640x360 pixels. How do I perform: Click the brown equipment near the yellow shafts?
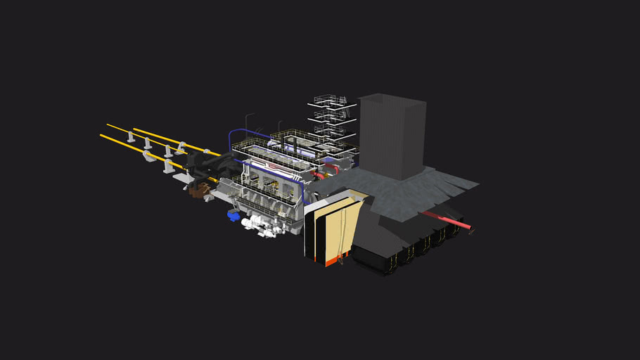pyautogui.click(x=200, y=188)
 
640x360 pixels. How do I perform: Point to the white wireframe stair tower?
pyautogui.click(x=330, y=123)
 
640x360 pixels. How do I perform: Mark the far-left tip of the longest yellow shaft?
pyautogui.click(x=101, y=136)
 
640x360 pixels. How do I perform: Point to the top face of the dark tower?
pyautogui.click(x=392, y=101)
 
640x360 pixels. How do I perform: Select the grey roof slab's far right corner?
pyautogui.click(x=478, y=186)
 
